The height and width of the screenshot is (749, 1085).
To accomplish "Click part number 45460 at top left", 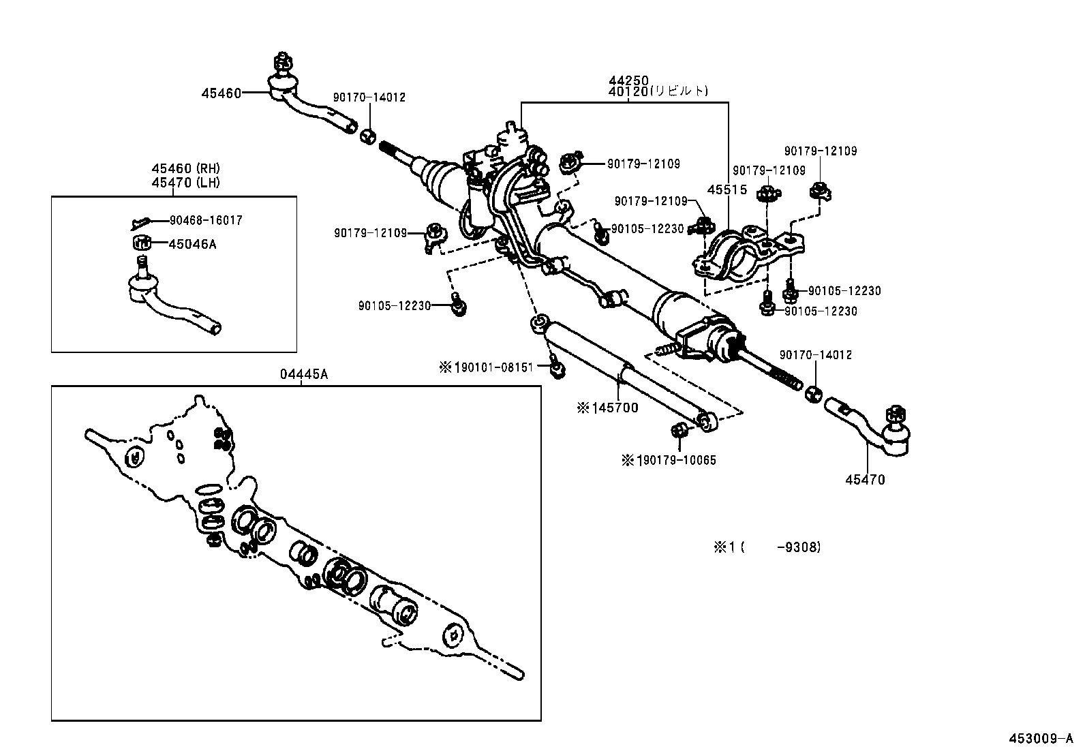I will [x=221, y=93].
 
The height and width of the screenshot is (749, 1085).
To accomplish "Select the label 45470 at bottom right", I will [x=865, y=480].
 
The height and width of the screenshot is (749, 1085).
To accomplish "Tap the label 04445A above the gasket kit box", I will [x=303, y=374].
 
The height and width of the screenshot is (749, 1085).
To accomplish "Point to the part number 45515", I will [x=727, y=190].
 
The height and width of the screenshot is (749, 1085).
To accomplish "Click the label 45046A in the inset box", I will [x=192, y=244].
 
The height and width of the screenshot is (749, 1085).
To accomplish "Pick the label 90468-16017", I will [x=205, y=221].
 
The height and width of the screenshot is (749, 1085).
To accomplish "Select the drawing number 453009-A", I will [x=1041, y=739].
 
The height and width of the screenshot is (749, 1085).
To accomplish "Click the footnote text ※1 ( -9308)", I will [x=767, y=547].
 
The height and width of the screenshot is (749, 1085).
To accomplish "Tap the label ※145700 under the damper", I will [x=607, y=408].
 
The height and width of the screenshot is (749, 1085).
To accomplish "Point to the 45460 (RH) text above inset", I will [x=185, y=168].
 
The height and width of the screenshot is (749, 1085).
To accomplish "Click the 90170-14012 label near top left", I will [x=369, y=97].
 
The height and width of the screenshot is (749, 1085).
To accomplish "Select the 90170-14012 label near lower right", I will [x=816, y=355].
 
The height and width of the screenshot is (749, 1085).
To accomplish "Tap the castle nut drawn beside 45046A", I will [x=140, y=242].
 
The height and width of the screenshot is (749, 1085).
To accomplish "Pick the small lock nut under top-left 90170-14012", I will [x=368, y=136].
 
